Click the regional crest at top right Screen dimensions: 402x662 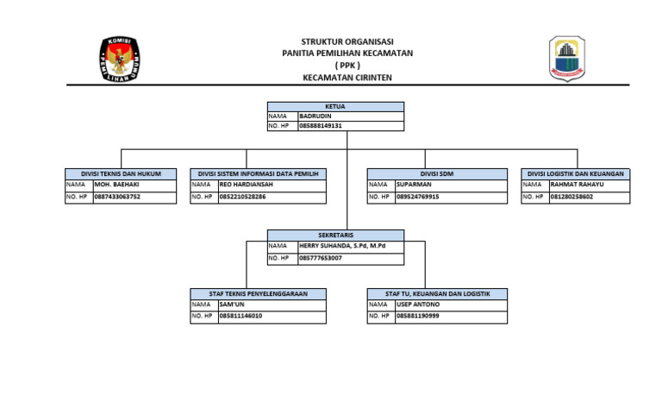point(571,59)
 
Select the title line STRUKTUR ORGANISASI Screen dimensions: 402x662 point(347,41)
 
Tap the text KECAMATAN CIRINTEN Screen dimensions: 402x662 point(347,78)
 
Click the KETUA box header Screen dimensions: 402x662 point(335,106)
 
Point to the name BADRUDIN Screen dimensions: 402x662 point(315,116)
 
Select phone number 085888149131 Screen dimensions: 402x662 point(321,126)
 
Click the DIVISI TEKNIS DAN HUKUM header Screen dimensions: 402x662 point(121,174)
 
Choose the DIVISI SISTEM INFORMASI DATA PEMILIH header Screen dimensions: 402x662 point(258,174)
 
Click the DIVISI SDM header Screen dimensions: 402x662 point(437,174)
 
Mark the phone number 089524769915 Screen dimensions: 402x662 point(418,197)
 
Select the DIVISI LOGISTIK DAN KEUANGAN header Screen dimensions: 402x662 point(575,174)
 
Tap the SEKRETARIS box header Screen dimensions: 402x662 point(335,235)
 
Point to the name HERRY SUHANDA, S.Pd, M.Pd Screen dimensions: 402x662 point(342,246)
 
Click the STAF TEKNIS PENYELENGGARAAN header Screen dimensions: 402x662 point(258,294)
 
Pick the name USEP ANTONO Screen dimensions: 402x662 point(418,305)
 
